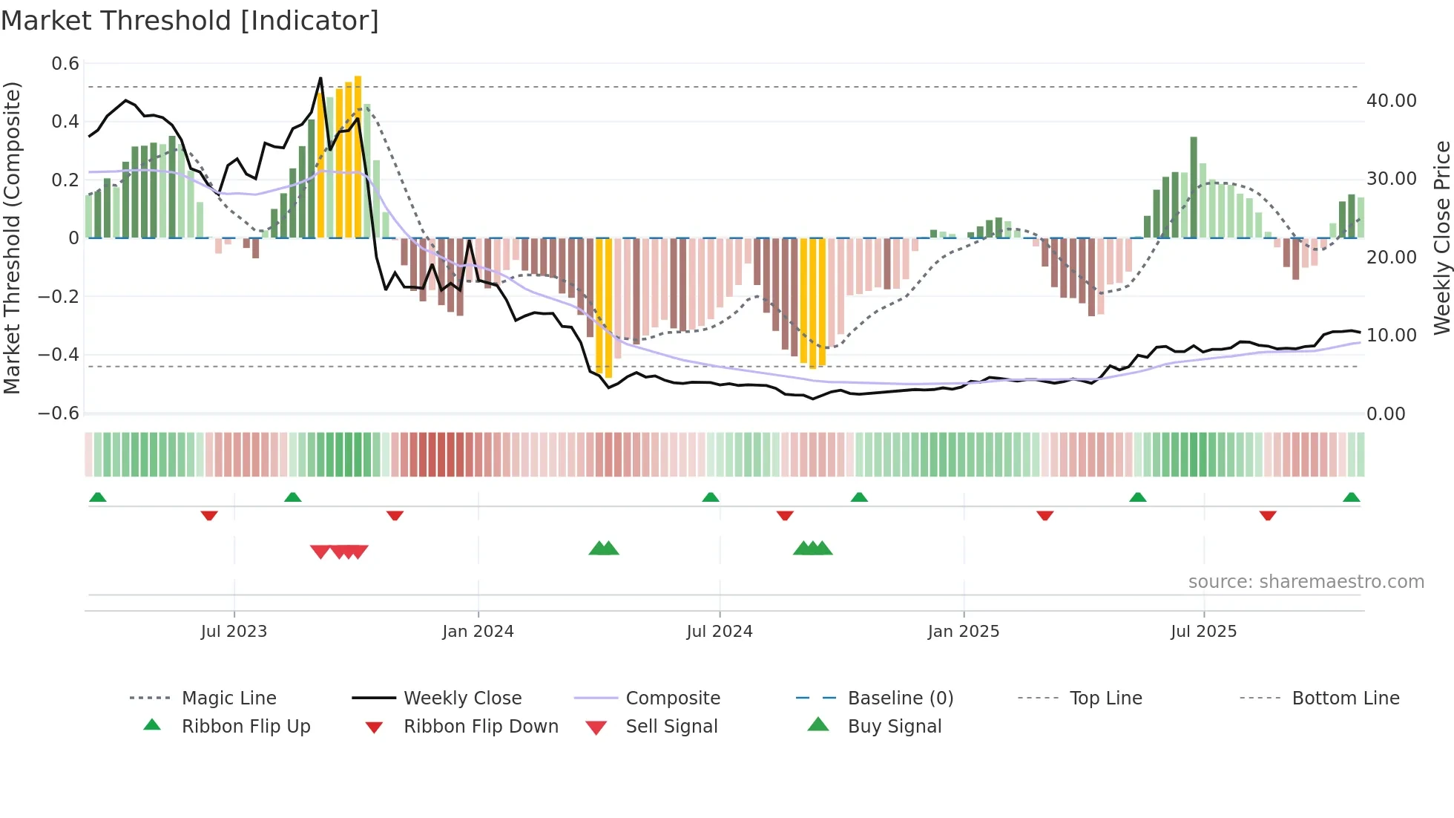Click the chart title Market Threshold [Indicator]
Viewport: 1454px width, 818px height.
point(190,21)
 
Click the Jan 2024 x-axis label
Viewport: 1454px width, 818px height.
point(478,631)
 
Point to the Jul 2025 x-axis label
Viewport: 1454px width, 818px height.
point(1203,631)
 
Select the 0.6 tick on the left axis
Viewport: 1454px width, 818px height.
point(65,64)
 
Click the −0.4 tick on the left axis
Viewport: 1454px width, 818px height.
point(59,355)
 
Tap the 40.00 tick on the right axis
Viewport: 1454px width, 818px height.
point(1391,100)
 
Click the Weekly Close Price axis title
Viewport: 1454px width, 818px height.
point(1441,238)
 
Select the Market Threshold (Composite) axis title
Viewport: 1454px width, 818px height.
point(12,238)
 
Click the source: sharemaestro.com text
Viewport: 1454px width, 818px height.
point(1306,581)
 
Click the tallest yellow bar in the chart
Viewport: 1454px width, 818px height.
point(358,156)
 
